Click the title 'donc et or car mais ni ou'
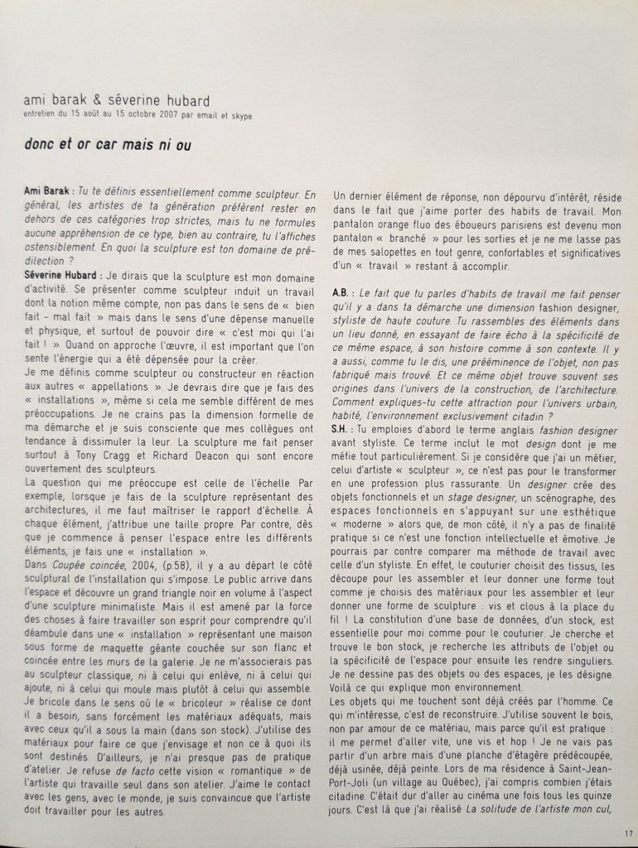108,144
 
